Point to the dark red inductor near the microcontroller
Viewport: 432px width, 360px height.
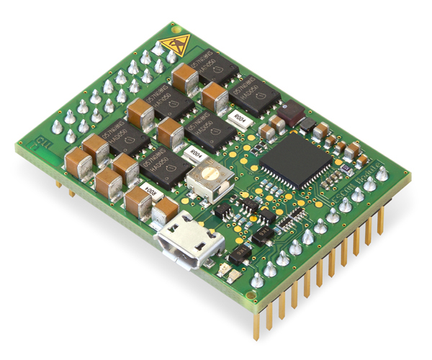[x=293, y=113]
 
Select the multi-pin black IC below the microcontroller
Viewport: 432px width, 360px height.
[x=292, y=220]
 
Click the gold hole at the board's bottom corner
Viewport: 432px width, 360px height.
[x=249, y=295]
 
